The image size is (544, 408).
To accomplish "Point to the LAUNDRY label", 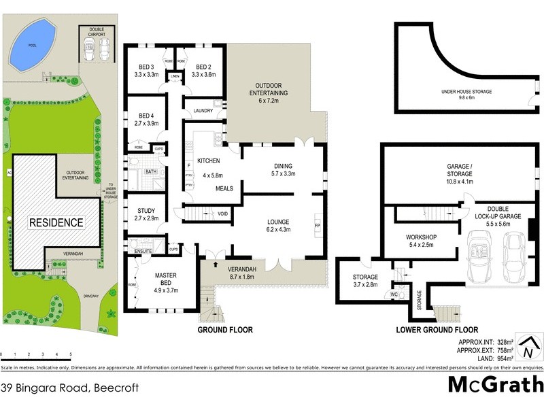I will point(204,111).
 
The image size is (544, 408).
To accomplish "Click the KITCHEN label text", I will point(209,160).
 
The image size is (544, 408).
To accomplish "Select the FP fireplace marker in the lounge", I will point(317,225).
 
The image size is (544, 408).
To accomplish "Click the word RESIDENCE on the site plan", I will point(55,222).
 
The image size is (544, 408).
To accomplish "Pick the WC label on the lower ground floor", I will point(394,294).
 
